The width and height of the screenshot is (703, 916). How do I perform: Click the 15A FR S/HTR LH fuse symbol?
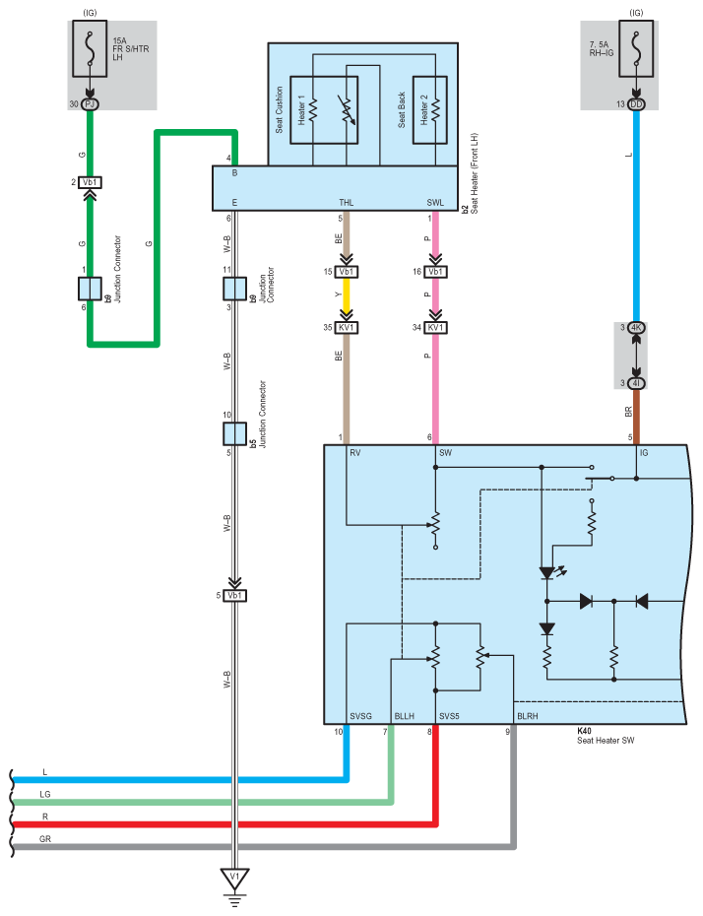pos(90,48)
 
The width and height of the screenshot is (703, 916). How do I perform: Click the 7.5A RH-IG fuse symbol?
pos(636,48)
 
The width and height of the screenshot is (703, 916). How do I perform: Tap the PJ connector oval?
pos(90,104)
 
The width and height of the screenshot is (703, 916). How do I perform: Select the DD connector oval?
pos(636,104)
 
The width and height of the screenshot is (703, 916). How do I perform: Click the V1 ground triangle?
pos(234,878)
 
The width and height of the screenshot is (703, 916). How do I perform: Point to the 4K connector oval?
pos(636,328)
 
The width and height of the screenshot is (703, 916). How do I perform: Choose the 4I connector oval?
pos(636,383)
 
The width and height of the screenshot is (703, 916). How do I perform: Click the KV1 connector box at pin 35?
pos(347,328)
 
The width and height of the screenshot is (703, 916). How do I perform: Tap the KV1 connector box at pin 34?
pos(435,328)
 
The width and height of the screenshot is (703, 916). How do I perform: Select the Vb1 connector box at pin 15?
pos(347,272)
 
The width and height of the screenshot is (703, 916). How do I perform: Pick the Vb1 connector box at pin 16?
pos(435,272)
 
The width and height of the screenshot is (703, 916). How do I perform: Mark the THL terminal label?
pos(347,203)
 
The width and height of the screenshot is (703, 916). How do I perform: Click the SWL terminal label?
pos(435,203)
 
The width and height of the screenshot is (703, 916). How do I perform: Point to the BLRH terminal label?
pos(528,716)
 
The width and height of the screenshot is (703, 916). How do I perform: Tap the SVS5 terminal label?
pos(449,716)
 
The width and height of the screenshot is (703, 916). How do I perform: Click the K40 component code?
pos(584,731)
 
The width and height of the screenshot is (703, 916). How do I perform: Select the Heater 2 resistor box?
pos(429,110)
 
